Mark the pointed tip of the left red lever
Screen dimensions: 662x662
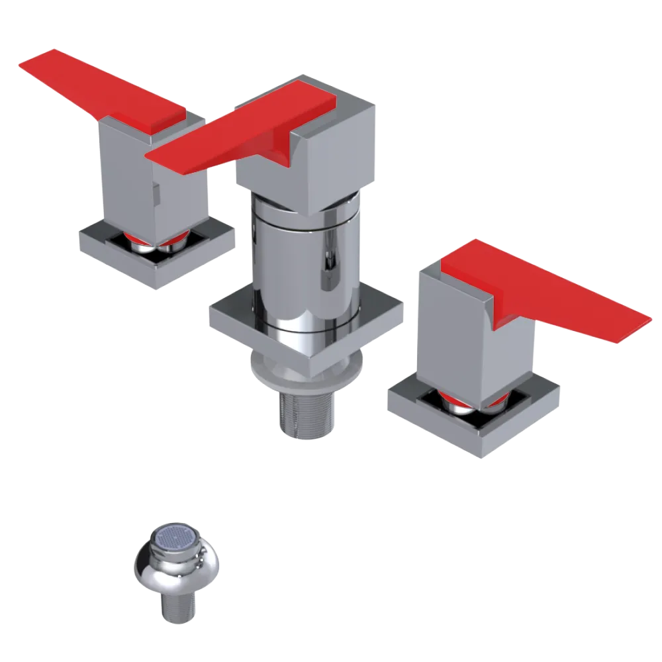[x=23, y=64]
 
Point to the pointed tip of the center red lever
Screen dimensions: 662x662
[x=149, y=156]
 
